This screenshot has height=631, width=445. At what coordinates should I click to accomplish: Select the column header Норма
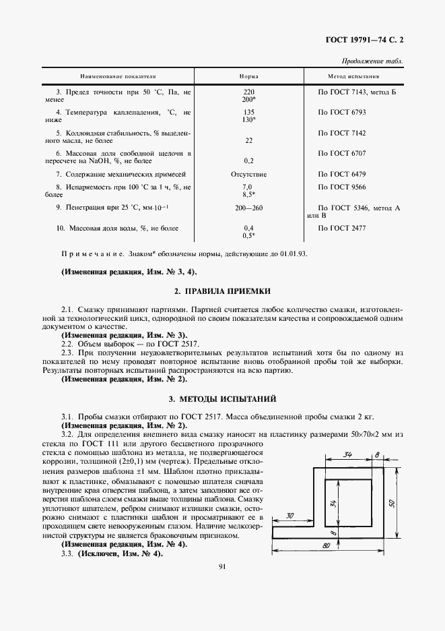pos(248,77)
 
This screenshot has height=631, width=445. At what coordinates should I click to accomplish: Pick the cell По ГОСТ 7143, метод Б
pos(357,92)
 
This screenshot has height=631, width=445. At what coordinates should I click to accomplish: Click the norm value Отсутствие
pos(248,174)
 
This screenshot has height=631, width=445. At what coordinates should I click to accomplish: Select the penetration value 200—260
pos(248,208)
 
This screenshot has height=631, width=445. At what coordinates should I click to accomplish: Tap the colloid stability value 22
pos(248,140)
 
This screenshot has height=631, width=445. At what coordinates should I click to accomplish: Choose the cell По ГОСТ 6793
pos(342,112)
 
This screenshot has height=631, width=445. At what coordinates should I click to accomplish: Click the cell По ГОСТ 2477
pos(342,229)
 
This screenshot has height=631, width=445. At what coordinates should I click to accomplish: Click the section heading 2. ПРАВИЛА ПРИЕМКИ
pos(222,291)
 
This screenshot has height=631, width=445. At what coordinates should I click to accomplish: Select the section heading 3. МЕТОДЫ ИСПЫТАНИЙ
pos(222,398)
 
